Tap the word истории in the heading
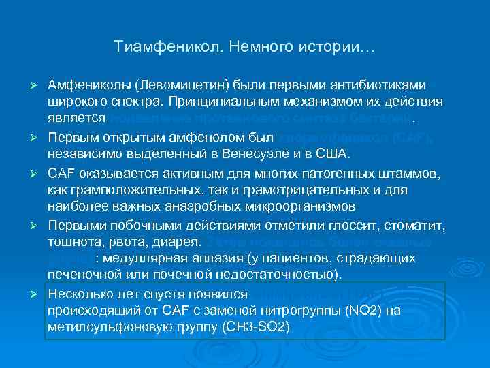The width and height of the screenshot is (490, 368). pos(339,48)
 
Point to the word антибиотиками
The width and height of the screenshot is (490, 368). pos(380,86)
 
